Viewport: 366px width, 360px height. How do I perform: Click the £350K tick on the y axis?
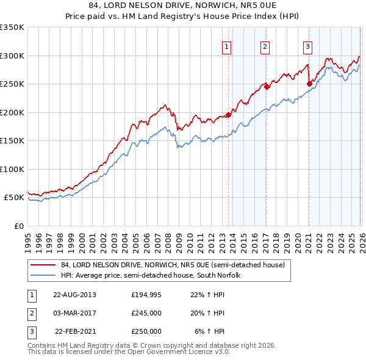[12, 27]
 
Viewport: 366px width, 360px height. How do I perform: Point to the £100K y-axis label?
[12, 169]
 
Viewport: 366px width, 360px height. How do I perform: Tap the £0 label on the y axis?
[19, 226]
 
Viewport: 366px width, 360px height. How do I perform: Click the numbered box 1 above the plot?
[226, 46]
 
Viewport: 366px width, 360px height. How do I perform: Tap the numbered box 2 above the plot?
[265, 46]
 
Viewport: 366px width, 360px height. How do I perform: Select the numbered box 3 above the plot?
[307, 46]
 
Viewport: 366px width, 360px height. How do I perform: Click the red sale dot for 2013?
[229, 114]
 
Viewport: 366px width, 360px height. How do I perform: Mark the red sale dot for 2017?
[267, 87]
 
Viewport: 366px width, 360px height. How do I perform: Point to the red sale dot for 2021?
[309, 84]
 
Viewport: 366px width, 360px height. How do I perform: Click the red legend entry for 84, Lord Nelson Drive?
[173, 265]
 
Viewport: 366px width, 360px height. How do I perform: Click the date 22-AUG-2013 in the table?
[74, 295]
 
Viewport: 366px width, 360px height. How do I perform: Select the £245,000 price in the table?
[146, 313]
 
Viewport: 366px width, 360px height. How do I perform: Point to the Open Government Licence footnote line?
[129, 351]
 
